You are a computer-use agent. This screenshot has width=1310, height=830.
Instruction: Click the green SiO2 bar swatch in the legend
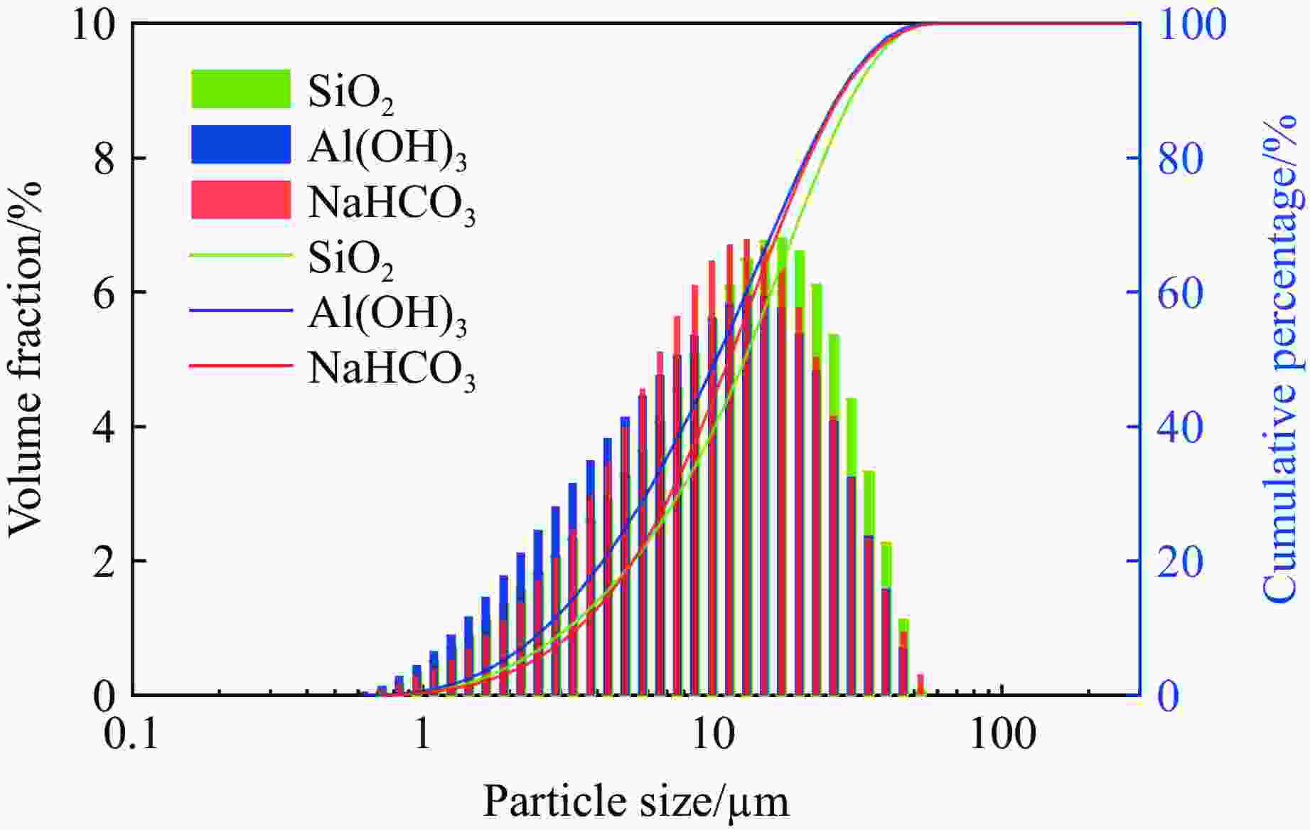240,89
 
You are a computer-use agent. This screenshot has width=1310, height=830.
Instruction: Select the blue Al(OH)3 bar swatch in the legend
240,144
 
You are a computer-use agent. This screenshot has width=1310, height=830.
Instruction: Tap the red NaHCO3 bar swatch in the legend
240,199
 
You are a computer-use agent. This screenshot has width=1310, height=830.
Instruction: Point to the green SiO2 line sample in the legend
240,255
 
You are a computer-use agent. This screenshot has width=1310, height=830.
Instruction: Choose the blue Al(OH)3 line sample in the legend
240,310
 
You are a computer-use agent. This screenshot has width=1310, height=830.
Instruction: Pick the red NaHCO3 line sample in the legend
240,366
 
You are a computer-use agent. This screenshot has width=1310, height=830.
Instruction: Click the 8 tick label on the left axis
104,159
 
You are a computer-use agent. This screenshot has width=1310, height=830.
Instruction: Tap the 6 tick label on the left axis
104,293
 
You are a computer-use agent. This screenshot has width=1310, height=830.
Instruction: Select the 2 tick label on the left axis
104,562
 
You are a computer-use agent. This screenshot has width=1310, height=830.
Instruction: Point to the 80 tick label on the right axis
1181,159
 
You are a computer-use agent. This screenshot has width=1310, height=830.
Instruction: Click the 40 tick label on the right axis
1181,427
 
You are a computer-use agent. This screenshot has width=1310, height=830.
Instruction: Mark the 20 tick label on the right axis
1181,562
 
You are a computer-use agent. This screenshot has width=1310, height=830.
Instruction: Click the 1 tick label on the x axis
423,735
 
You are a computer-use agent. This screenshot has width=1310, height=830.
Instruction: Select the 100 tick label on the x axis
1003,735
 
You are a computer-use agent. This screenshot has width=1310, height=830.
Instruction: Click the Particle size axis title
636,802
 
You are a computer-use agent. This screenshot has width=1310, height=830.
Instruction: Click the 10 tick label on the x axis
713,735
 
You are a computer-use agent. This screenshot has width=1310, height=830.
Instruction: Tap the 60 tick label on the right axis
1181,293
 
